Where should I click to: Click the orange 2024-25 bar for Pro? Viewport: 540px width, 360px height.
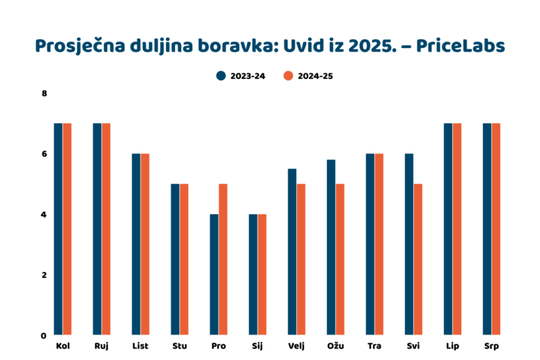[223, 259]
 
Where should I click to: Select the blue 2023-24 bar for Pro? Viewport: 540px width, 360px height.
[214, 274]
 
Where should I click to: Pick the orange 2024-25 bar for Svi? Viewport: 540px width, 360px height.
[418, 259]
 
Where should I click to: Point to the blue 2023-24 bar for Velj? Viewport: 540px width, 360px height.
[292, 251]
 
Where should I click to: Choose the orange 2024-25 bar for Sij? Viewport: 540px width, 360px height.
[262, 274]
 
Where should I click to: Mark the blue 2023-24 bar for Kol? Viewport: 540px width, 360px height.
[58, 229]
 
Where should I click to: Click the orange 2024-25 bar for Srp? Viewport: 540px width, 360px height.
[496, 229]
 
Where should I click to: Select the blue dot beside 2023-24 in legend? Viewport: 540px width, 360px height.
[221, 76]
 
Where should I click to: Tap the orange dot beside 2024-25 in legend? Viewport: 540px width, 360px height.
[288, 76]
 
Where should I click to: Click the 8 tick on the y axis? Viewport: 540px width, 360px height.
[44, 94]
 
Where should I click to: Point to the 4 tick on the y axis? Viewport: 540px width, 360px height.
[44, 215]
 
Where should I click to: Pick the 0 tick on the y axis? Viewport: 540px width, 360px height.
[44, 335]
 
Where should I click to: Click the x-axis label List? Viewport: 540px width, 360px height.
[141, 346]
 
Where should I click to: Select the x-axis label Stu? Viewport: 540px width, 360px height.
[179, 346]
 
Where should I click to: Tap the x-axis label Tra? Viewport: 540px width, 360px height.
[375, 346]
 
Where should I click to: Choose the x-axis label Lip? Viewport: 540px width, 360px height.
[452, 346]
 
